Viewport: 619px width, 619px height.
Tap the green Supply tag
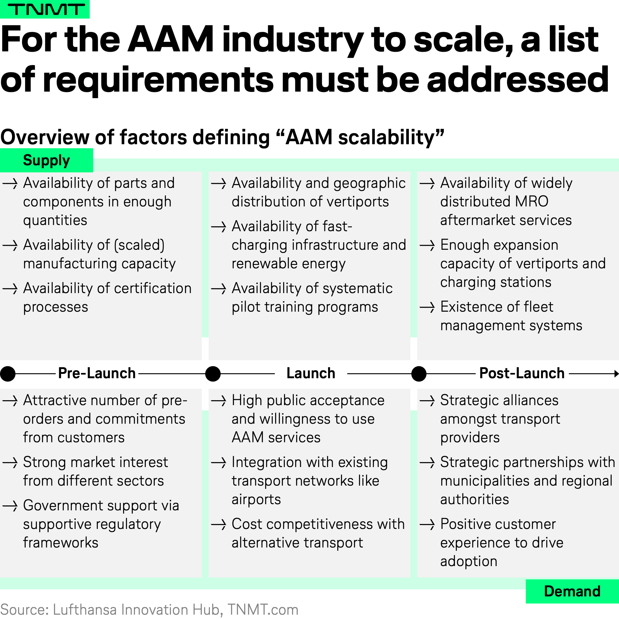(x=46, y=160)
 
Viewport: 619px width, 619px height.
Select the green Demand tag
(x=572, y=591)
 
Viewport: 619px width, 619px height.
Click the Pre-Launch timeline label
(x=97, y=373)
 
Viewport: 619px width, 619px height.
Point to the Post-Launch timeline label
(x=522, y=373)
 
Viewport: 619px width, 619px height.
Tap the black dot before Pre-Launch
(x=8, y=374)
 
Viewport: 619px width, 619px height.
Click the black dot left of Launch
(x=213, y=374)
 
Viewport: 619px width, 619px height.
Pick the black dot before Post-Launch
(x=419, y=374)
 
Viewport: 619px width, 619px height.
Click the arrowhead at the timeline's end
(x=617, y=374)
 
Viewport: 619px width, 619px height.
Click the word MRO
(x=531, y=201)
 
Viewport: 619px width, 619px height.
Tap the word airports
(x=256, y=500)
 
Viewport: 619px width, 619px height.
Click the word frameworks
(x=61, y=543)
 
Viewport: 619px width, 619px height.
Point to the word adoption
(x=469, y=561)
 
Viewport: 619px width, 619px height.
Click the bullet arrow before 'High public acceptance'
(x=219, y=401)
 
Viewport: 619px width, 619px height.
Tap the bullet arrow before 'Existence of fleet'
(x=427, y=307)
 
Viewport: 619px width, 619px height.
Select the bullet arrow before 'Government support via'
(x=10, y=506)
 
